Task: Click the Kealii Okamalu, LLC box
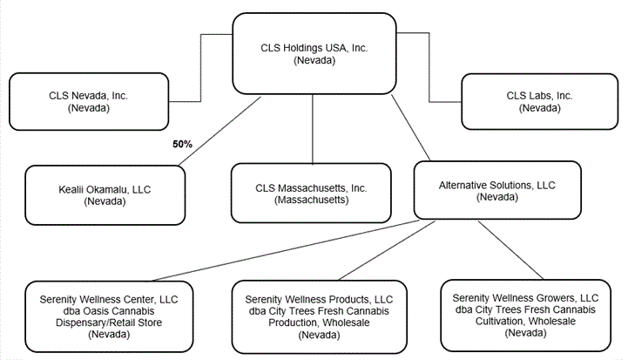point(105,194)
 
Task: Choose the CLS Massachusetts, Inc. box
point(311,194)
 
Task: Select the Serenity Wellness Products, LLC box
point(317,316)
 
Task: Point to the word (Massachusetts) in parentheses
point(311,200)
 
